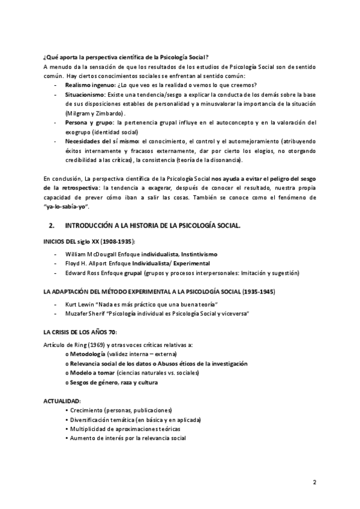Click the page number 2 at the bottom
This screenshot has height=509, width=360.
point(314,481)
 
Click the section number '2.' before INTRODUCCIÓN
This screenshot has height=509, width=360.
point(51,225)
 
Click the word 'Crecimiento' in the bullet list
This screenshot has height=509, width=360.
point(91,409)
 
